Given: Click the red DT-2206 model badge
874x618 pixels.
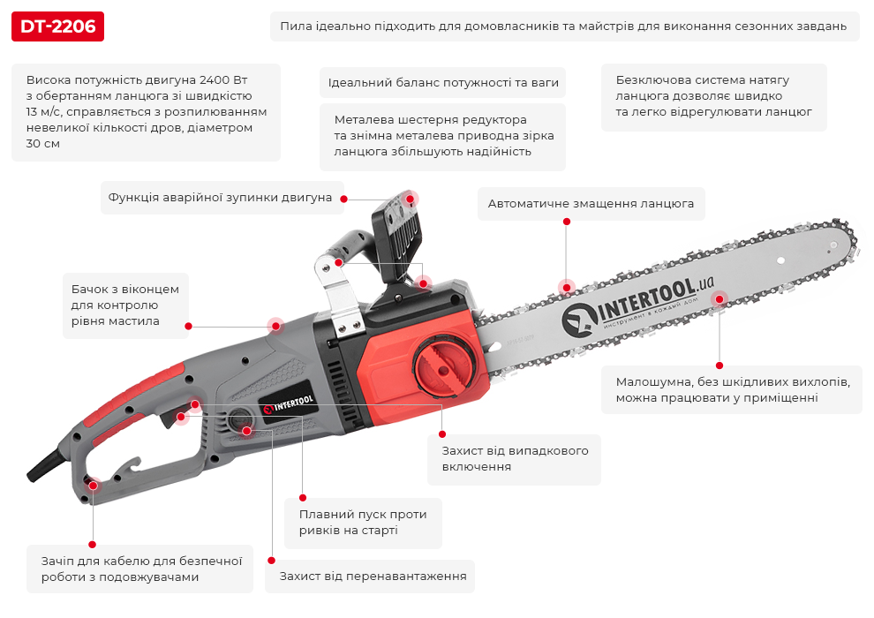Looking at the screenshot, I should click(x=58, y=26).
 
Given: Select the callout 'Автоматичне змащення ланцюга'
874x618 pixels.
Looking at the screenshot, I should click(x=591, y=204).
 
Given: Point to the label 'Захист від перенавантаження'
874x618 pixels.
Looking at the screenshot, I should click(x=372, y=577).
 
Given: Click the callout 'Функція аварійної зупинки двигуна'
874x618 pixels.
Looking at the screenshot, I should click(x=220, y=198).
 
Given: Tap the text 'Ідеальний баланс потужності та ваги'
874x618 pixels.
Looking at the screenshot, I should click(x=442, y=83).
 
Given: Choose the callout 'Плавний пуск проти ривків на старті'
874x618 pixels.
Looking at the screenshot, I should click(x=363, y=523).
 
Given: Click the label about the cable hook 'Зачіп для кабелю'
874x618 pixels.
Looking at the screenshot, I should click(x=141, y=569).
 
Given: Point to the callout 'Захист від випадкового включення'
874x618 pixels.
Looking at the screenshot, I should click(x=515, y=458).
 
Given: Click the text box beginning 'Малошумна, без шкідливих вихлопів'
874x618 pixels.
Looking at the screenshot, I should click(x=732, y=390).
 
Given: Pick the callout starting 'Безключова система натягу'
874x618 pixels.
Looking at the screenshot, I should click(x=713, y=96).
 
